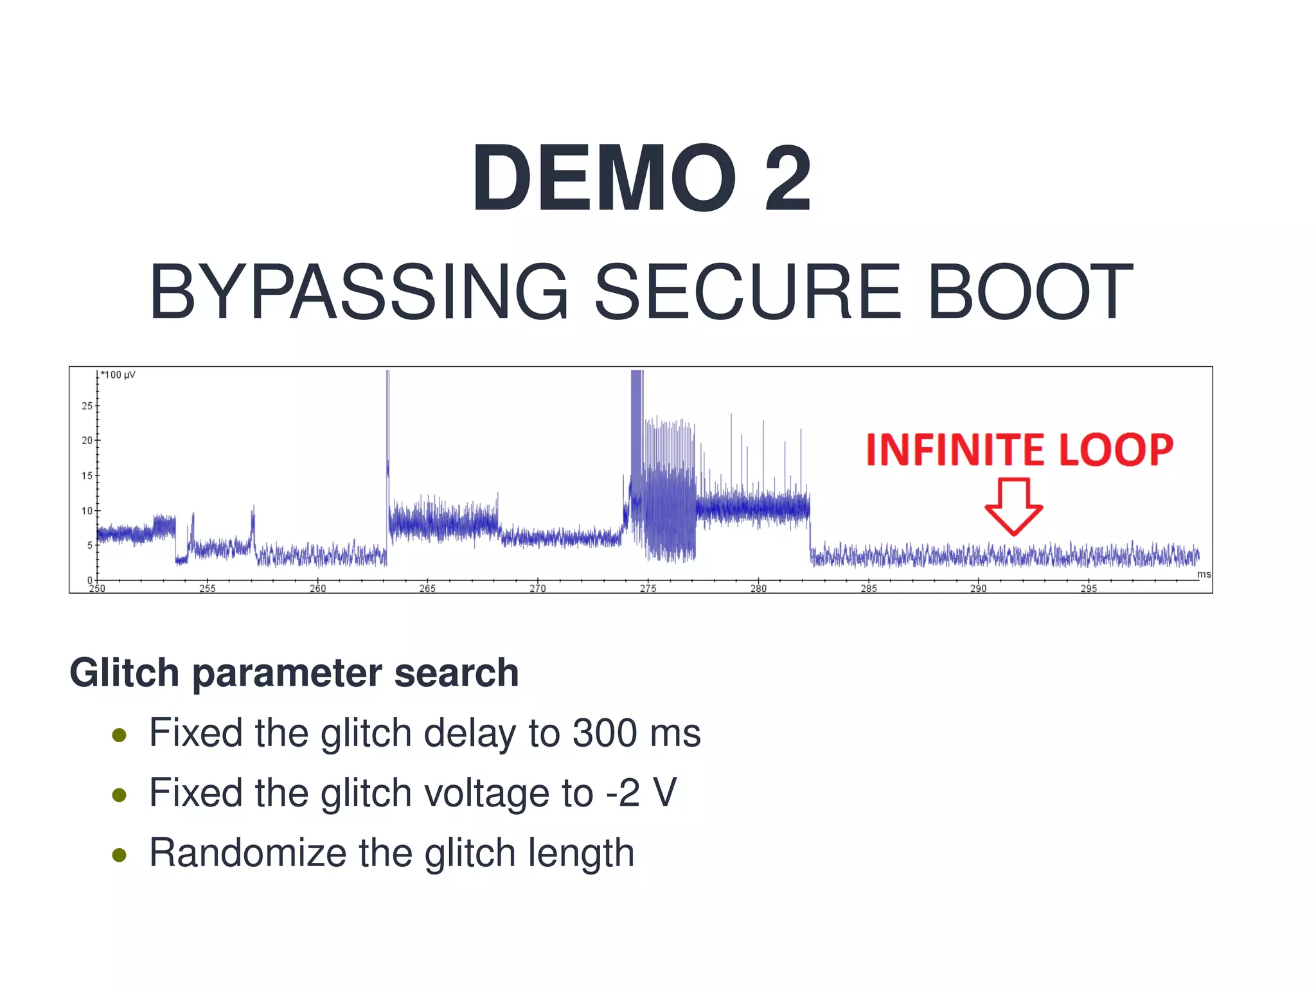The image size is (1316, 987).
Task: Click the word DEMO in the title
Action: (x=603, y=178)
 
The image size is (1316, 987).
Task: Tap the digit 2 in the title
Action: (x=787, y=178)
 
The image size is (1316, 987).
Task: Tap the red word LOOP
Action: (x=1116, y=449)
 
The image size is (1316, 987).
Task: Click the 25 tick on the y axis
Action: (x=87, y=406)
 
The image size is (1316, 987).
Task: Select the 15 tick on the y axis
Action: (x=87, y=476)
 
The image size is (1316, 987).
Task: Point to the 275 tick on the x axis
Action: (x=648, y=588)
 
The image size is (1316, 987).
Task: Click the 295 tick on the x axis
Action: (x=1089, y=588)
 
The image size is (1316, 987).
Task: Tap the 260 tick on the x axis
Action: (x=317, y=588)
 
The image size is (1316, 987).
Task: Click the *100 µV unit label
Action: (x=118, y=375)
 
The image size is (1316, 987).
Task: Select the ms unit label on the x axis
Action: (x=1204, y=574)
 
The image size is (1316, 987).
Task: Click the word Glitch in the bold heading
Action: (x=124, y=673)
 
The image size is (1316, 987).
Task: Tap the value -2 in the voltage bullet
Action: (x=623, y=792)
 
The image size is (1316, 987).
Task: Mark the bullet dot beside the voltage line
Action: (x=119, y=796)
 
